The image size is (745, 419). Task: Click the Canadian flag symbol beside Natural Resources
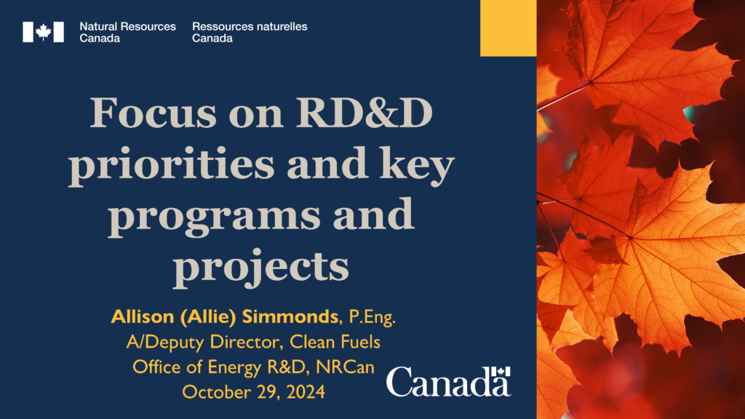pos(43,32)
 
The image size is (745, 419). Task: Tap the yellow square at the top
pos(509,28)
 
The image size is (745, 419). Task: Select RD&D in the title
pos(364,113)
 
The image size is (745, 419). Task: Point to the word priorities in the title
pos(172,164)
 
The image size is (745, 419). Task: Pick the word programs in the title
pos(215,215)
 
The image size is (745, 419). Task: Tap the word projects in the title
pos(261,266)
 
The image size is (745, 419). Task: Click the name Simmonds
pos(290,316)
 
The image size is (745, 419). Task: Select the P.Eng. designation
pos(372,317)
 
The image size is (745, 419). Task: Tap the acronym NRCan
pos(345,367)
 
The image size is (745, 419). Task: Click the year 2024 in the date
pos(306,392)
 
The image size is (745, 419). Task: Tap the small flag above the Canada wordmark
pos(501,372)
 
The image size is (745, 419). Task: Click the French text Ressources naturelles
pos(250,27)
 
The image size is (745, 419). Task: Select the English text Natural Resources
pos(127,27)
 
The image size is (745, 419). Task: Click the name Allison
pos(143,316)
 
